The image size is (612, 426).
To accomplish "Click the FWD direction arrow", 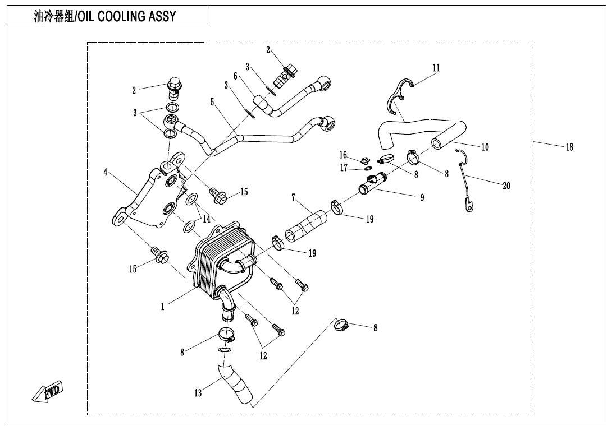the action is coord(47,391).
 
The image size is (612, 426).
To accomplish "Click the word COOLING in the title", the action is coord(121,16).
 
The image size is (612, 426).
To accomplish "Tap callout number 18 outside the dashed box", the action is coord(569,147).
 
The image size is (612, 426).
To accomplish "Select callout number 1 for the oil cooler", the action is coord(163,307).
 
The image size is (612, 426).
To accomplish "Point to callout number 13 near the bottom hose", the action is coord(198,392).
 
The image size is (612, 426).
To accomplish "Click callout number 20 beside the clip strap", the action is coord(506,186).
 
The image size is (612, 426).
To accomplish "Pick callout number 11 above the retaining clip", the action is coord(436,68).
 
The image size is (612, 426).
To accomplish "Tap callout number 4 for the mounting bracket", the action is coord(106,172).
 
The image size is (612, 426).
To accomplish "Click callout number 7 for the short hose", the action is coord(294,198).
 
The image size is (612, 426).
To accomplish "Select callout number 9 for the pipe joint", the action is coord(422,198).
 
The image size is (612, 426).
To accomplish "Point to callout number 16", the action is coord(343,155).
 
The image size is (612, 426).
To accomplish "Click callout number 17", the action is coord(344,168).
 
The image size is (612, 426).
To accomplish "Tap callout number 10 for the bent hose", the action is coord(485,147).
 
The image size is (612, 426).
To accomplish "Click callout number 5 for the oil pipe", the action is coord(212,102).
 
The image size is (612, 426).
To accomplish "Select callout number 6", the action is coord(235,76).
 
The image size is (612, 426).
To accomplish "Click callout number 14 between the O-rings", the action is coord(207,219).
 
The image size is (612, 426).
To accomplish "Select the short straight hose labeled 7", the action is coord(307,226).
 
